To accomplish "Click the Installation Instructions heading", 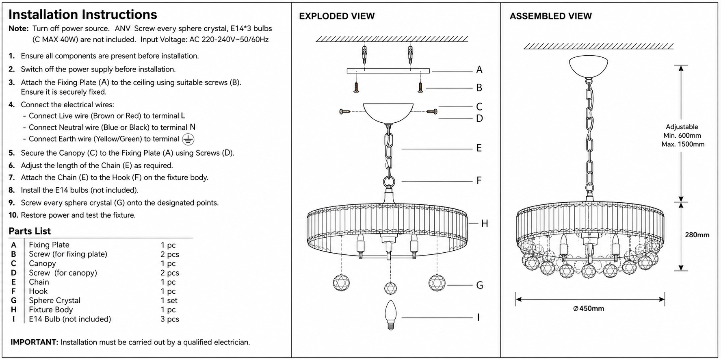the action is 83,15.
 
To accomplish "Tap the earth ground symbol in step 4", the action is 188,139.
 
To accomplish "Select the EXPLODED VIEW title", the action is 337,16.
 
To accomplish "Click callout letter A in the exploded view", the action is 479,70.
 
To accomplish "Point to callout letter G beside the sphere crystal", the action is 480,285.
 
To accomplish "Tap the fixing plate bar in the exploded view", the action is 388,71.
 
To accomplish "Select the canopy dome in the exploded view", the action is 388,112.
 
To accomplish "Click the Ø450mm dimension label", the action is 589,308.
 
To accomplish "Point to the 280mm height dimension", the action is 697,235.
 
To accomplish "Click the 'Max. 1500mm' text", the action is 683,144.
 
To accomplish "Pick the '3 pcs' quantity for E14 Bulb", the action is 170,319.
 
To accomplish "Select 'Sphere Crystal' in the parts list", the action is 54,301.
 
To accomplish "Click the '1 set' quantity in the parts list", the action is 169,301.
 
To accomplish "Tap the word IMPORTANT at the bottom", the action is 35,342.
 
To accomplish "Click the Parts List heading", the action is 30,231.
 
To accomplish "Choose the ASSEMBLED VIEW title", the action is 550,16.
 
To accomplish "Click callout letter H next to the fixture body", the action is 485,223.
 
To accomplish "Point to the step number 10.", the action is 13,215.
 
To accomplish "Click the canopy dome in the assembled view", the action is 589,67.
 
